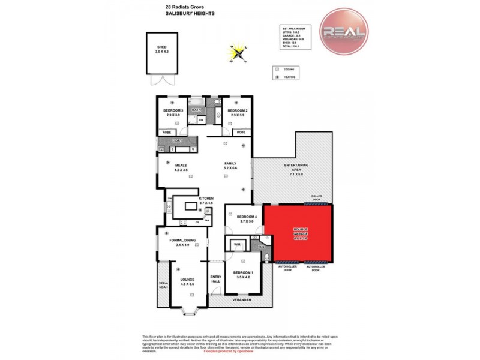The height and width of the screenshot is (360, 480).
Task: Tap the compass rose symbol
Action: pyautogui.click(x=239, y=54)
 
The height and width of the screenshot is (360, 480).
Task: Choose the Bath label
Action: pyautogui.click(x=197, y=110)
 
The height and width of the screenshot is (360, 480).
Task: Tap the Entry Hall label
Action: pyautogui.click(x=215, y=280)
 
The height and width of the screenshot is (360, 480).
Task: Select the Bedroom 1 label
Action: pyautogui.click(x=246, y=274)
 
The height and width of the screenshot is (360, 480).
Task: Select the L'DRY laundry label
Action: pyautogui.click(x=177, y=141)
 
